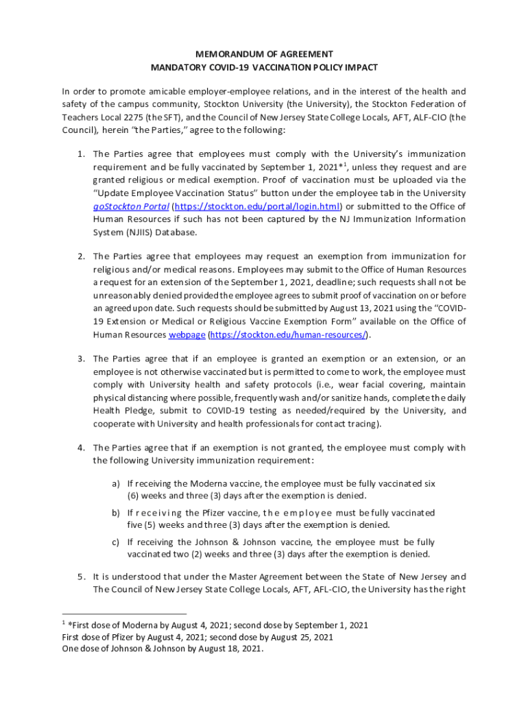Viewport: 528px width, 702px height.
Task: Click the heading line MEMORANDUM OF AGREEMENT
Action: tap(264, 54)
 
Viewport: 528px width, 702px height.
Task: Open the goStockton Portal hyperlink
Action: tap(130, 206)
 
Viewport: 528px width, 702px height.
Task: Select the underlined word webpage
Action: tap(187, 335)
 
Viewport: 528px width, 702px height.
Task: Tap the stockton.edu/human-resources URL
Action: tap(287, 335)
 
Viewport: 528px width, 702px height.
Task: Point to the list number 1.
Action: tap(80, 154)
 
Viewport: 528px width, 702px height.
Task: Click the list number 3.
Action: tap(80, 359)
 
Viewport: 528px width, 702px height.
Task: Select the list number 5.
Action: tap(80, 577)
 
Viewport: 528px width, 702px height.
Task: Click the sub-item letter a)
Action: tap(117, 483)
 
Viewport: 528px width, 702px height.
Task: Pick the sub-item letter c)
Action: tap(117, 542)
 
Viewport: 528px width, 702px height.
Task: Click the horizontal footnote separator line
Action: tap(123, 614)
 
